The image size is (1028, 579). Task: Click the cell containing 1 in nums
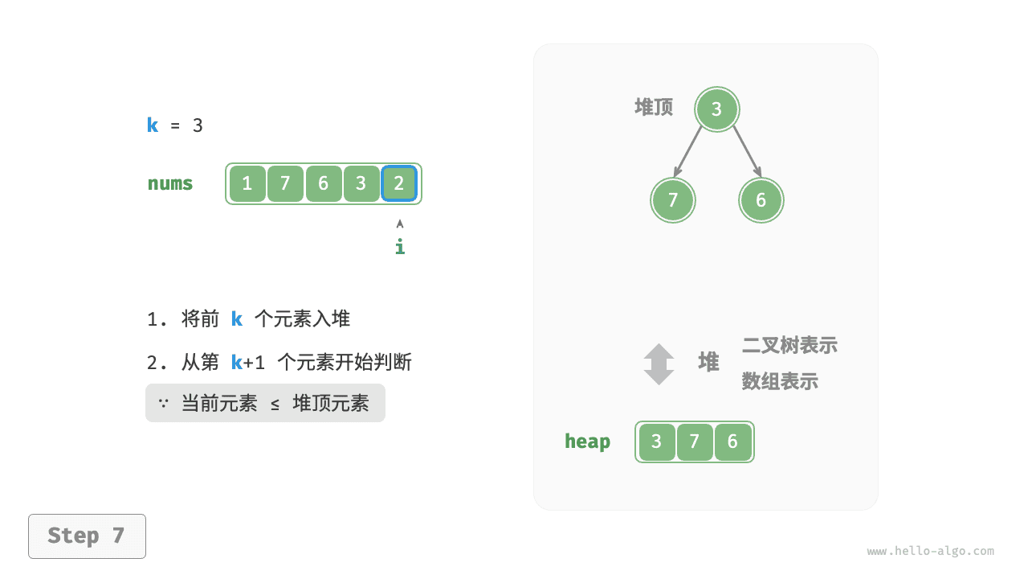247,184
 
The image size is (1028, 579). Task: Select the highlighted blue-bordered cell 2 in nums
399,184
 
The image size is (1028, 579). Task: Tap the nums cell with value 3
361,184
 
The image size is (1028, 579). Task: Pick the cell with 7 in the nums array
285,184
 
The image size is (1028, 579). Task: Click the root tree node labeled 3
717,109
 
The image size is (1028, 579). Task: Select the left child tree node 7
673,200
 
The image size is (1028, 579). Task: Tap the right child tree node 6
761,200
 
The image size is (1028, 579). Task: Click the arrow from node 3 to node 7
687,152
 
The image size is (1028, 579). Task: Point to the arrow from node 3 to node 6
747,152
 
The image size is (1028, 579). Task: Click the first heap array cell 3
657,442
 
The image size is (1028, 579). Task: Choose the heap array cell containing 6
732,442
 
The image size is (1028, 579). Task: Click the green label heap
587,442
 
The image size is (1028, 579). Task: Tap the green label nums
170,184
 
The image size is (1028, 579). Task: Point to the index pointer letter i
400,246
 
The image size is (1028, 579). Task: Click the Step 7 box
88,536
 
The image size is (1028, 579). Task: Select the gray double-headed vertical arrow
659,364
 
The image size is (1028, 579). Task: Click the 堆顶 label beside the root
654,108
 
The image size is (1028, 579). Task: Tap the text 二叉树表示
789,346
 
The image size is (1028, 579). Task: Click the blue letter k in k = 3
153,125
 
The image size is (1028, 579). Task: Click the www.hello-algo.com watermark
931,551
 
